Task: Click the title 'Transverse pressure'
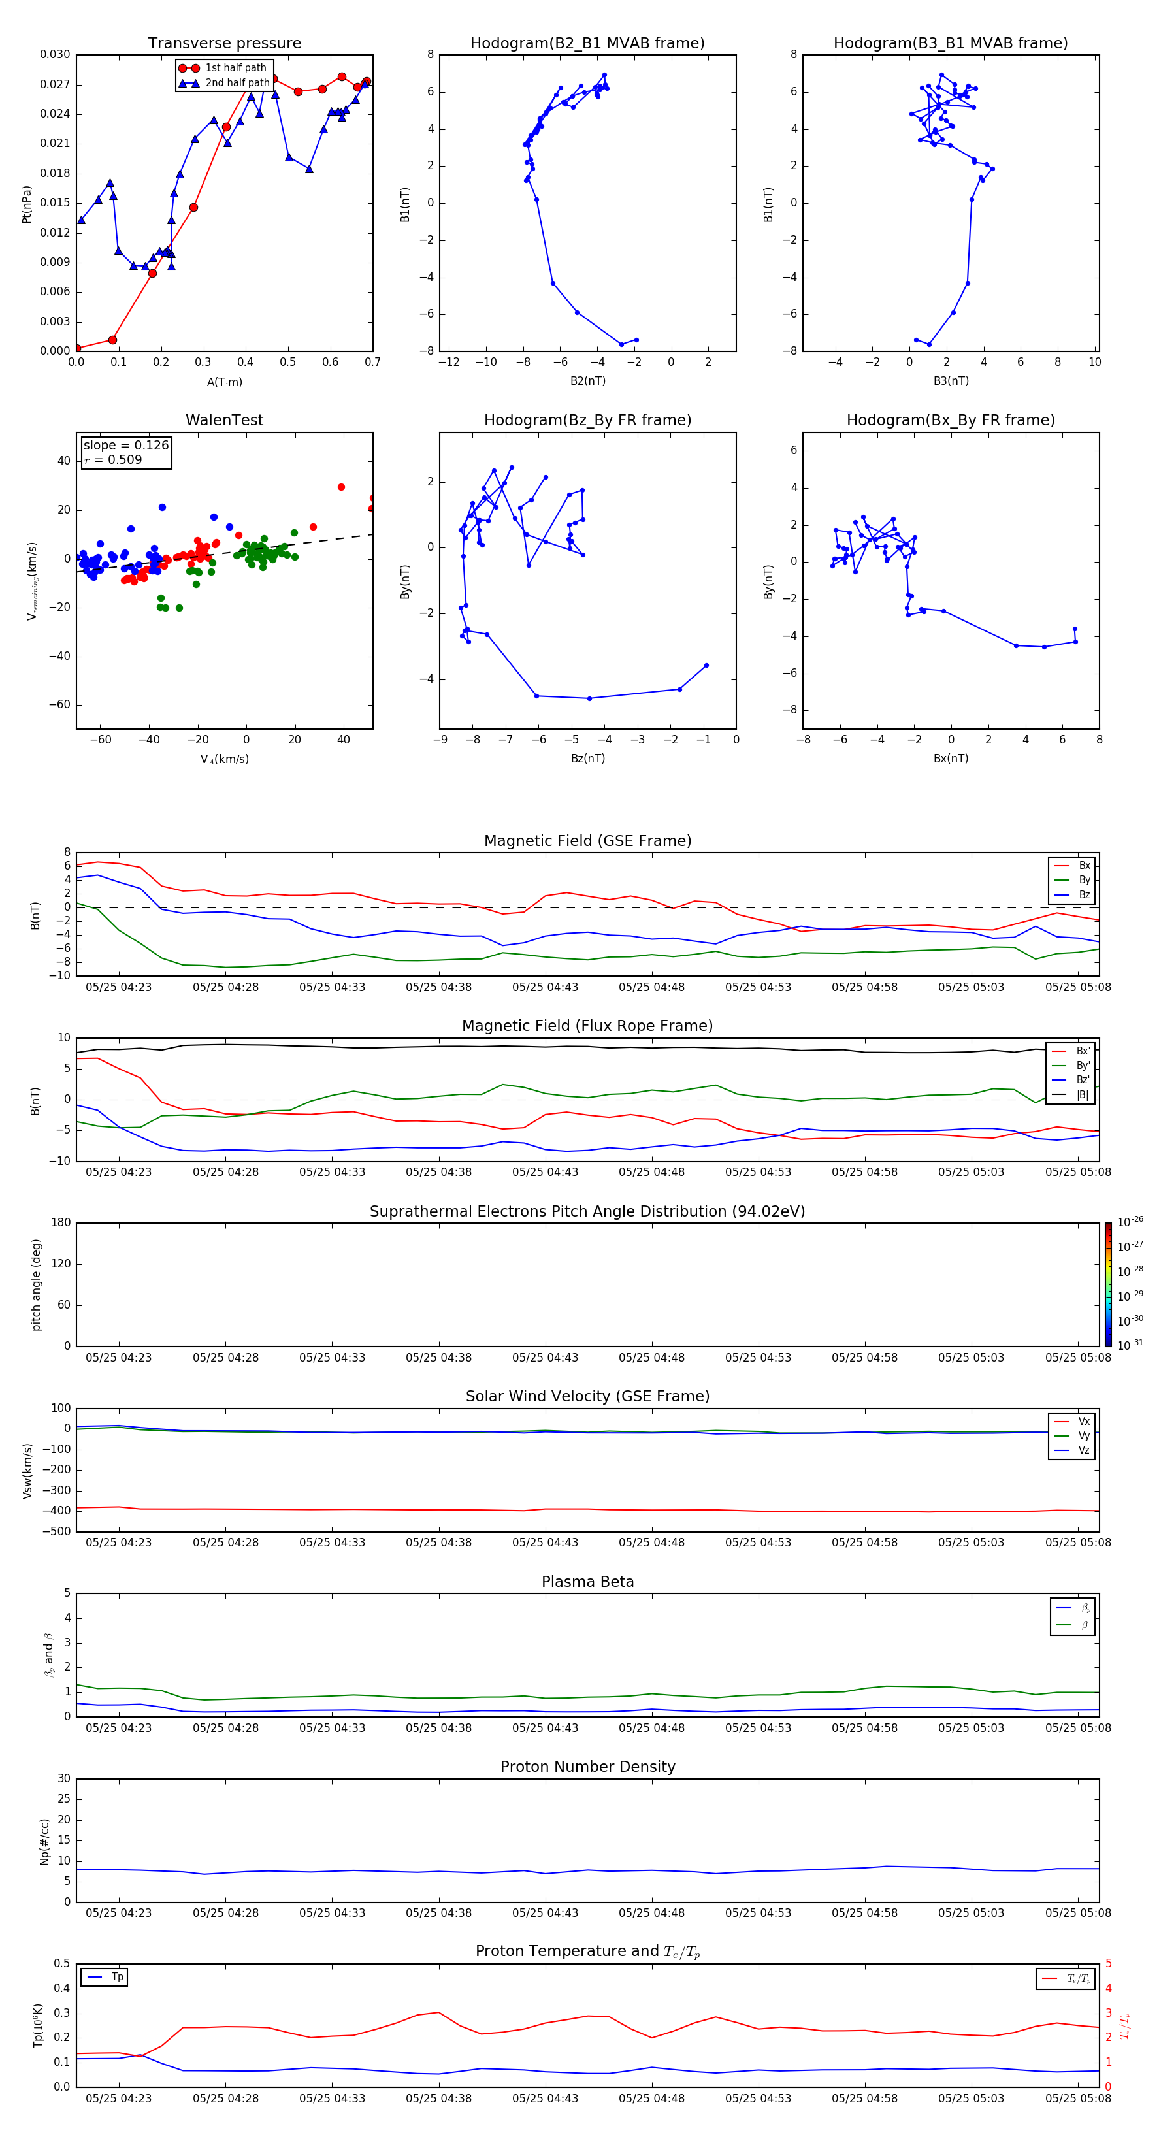[x=224, y=44]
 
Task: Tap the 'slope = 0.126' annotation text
[x=125, y=446]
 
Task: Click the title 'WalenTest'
[x=224, y=420]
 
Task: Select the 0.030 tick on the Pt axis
[x=56, y=54]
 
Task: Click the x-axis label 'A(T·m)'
[x=224, y=382]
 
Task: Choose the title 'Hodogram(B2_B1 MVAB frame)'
[x=587, y=44]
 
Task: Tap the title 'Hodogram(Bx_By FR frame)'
[x=950, y=420]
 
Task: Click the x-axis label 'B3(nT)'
[x=951, y=381]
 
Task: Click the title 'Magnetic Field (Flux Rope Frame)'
[x=587, y=1026]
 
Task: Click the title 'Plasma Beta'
[x=587, y=1582]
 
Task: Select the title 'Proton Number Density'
[x=587, y=1767]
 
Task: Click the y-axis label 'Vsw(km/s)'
[x=27, y=1471]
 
